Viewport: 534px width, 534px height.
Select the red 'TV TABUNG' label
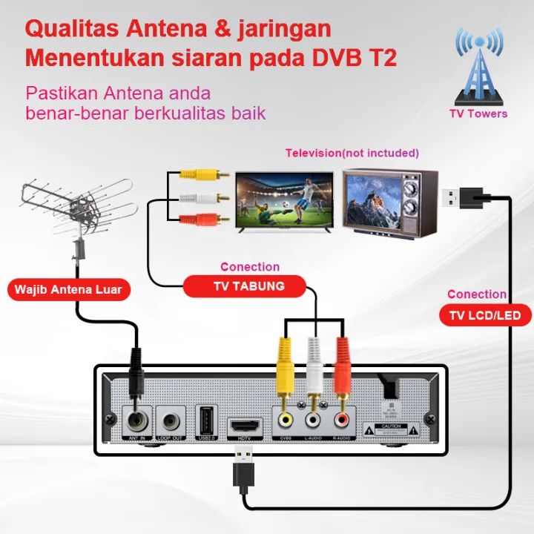244,286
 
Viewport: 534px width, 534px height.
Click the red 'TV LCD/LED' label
489,315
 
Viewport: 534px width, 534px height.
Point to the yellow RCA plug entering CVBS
286,371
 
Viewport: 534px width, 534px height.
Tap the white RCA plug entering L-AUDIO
314,371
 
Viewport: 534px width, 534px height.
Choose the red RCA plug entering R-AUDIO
342,371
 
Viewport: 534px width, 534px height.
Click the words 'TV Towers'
478,113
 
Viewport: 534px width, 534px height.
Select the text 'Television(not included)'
352,153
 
